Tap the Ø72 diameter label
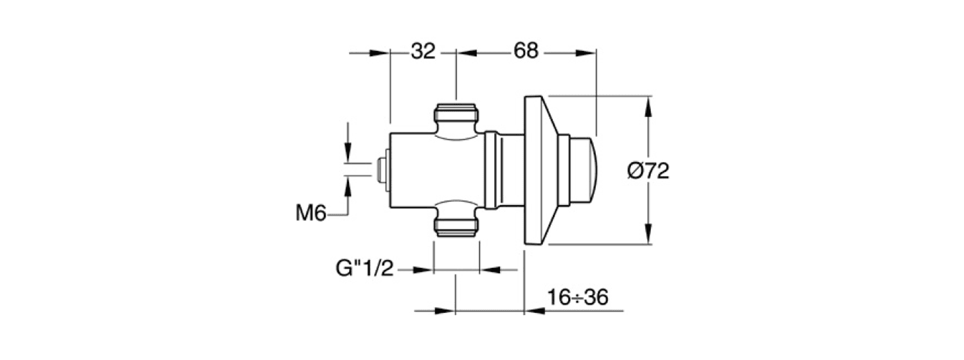[648, 171]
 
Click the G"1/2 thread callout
[364, 269]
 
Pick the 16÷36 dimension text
[578, 298]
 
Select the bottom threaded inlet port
[456, 226]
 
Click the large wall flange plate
[539, 171]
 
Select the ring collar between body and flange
[491, 171]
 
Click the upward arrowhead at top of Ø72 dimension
[648, 104]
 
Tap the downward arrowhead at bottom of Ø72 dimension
[648, 237]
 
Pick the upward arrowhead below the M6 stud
[348, 186]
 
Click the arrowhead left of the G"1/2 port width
[424, 270]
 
